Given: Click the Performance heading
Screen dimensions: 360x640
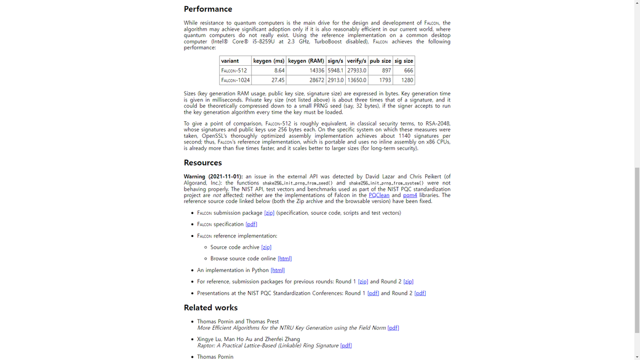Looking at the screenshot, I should [208, 9].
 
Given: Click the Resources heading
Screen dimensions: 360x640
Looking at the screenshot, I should [202, 163].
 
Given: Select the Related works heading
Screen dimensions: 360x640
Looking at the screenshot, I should [210, 308].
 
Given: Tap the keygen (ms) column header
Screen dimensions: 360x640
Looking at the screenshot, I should [269, 61].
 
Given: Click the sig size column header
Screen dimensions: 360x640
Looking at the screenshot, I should [404, 61].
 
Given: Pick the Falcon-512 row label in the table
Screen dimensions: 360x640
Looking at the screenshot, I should [234, 71].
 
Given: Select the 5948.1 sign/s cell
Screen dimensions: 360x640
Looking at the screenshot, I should [335, 71].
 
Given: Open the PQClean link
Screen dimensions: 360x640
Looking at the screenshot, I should [379, 195].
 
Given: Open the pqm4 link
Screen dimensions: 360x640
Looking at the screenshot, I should [410, 195].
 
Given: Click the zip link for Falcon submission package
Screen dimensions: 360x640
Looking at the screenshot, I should [269, 213].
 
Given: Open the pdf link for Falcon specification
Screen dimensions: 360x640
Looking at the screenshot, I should [251, 225].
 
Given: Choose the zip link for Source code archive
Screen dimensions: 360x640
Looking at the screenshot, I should [266, 247].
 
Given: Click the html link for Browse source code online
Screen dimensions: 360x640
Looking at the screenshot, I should [284, 259].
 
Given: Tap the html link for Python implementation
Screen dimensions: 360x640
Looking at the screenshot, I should [278, 270].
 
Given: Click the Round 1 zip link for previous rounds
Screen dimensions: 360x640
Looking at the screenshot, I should [363, 282].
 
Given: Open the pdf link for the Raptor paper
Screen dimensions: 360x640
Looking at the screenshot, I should [346, 346].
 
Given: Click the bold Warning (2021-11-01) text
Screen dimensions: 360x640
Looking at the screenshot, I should [213, 177].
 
